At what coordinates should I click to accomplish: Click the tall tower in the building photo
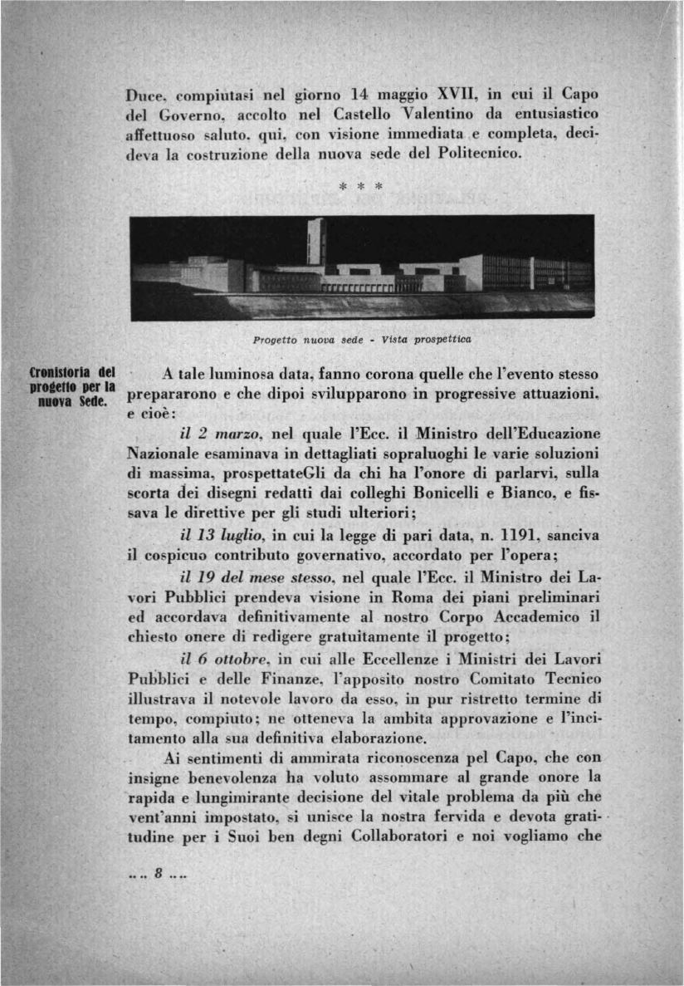tap(316, 241)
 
